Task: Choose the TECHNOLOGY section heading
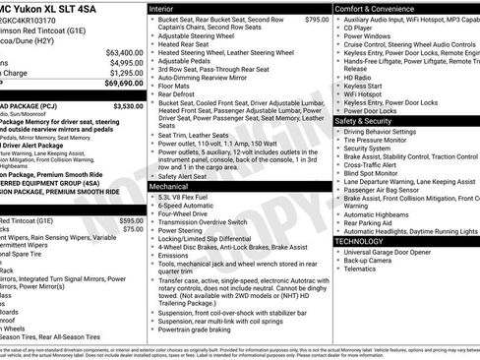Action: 359,241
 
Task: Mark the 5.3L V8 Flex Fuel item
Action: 192,197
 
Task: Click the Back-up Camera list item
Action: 373,260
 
